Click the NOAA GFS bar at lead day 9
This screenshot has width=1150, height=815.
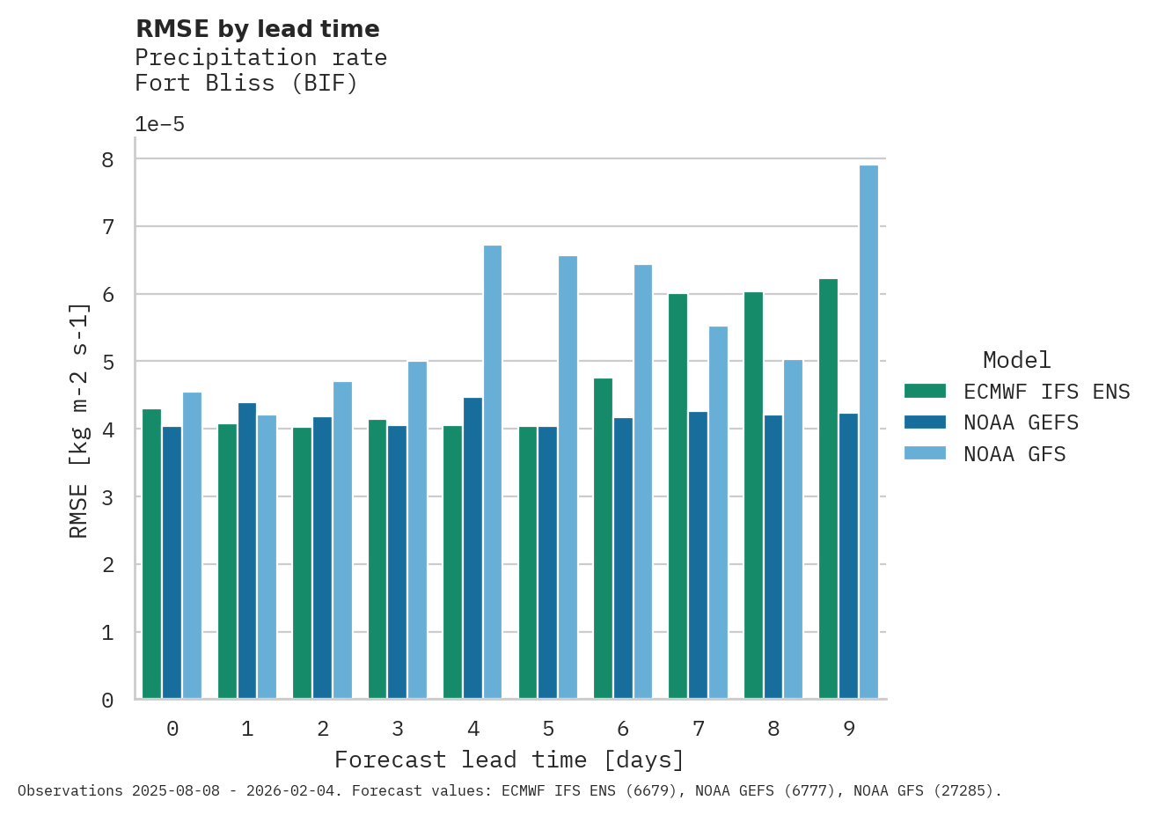[x=868, y=432]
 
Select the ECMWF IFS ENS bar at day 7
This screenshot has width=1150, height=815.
[x=678, y=496]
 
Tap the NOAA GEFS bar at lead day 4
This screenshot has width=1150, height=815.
[x=472, y=548]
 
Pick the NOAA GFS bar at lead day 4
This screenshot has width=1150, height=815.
[x=493, y=473]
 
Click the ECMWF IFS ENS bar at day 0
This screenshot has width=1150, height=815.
[x=151, y=554]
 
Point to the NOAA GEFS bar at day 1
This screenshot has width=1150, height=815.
[x=247, y=551]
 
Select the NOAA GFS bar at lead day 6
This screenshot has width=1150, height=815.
[x=643, y=482]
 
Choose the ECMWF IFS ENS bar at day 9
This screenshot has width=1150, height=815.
[x=828, y=489]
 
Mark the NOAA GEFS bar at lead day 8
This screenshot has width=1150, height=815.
[x=773, y=557]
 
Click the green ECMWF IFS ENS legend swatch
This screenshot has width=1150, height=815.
[x=925, y=391]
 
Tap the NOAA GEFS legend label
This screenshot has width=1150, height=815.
[x=1021, y=422]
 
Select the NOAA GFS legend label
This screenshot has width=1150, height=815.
[x=1014, y=454]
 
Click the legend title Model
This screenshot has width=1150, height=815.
[x=1016, y=360]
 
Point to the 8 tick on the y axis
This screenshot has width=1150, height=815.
[x=108, y=159]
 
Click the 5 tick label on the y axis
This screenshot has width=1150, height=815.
[x=108, y=362]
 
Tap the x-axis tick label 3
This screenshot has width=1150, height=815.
[x=398, y=729]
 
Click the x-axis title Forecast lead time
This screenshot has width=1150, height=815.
[x=509, y=760]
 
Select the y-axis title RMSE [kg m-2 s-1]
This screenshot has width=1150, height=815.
[x=79, y=421]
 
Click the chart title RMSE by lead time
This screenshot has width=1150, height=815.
[x=258, y=29]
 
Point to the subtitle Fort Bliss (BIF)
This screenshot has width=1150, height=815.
[x=246, y=83]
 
